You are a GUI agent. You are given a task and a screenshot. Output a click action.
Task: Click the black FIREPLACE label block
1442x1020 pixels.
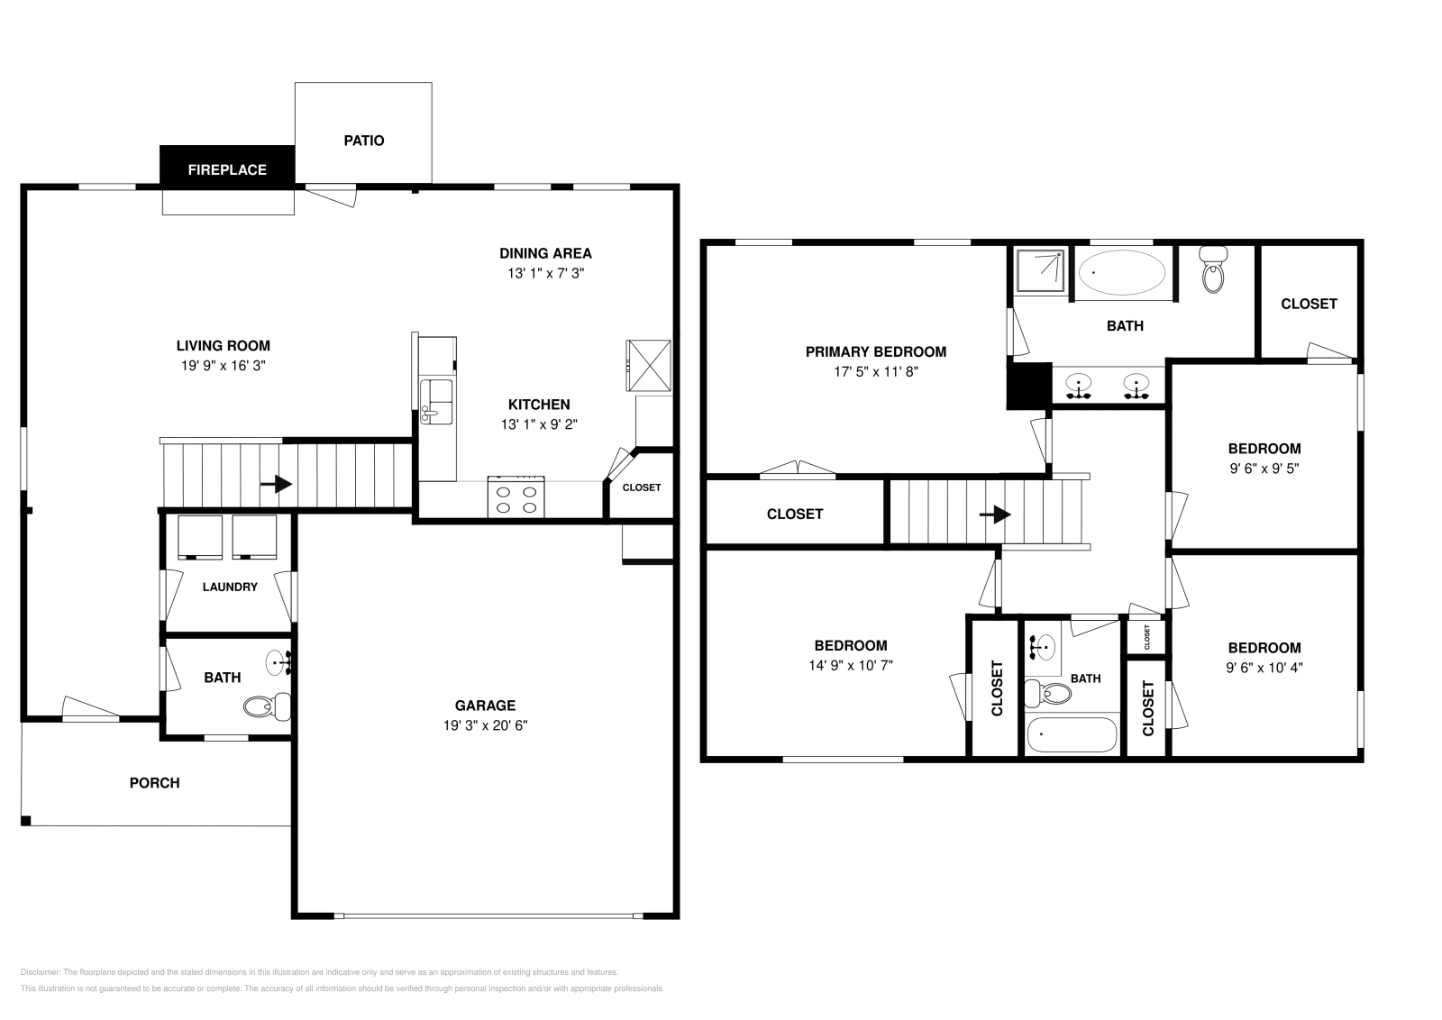(x=227, y=168)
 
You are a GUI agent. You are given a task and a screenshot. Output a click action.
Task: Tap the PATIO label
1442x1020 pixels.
(x=364, y=141)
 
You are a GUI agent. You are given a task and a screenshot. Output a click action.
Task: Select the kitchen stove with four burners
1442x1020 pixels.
(x=516, y=496)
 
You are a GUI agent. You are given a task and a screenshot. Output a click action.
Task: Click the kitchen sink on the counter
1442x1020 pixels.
(x=437, y=400)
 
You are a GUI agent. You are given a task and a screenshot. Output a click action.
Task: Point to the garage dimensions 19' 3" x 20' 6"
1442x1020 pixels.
(x=485, y=725)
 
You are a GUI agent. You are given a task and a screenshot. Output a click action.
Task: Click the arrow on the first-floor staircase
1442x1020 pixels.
(x=276, y=485)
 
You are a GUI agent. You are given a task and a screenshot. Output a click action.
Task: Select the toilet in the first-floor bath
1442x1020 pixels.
(x=268, y=706)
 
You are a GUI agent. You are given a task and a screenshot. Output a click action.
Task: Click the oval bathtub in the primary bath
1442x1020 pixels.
(x=1121, y=271)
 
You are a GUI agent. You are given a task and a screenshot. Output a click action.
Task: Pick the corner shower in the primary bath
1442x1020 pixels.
(x=1040, y=270)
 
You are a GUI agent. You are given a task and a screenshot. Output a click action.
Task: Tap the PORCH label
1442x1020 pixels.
(x=155, y=783)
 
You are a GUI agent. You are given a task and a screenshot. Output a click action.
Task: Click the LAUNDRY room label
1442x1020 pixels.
(x=230, y=587)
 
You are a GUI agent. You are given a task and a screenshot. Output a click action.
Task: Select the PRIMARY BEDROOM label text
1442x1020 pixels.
(x=875, y=352)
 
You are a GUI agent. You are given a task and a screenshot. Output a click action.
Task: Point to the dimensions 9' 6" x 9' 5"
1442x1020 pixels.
(x=1264, y=469)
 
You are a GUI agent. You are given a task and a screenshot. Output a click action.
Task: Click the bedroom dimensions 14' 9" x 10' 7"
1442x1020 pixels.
(x=851, y=666)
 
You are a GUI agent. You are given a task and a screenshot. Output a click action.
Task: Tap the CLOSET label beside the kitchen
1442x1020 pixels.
(x=642, y=487)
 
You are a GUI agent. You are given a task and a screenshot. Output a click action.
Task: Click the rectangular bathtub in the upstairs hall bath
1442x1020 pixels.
(x=1072, y=734)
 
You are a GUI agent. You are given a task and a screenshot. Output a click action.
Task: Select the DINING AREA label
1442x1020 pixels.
(x=545, y=253)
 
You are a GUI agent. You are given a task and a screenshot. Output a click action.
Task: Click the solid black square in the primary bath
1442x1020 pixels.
(x=1029, y=386)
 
